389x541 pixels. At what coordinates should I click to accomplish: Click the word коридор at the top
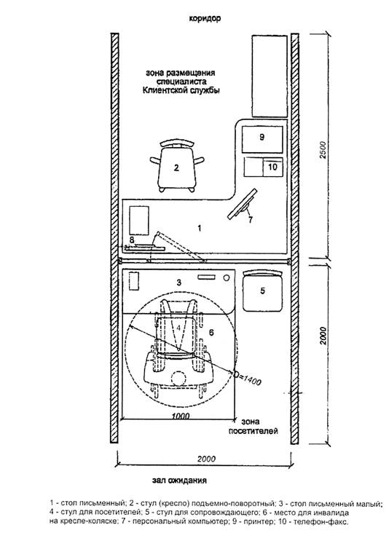[205, 18]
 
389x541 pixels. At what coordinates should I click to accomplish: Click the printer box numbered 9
[262, 139]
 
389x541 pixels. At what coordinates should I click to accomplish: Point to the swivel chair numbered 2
[177, 165]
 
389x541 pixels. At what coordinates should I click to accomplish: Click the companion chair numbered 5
[263, 291]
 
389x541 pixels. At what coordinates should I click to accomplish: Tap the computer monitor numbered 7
[243, 204]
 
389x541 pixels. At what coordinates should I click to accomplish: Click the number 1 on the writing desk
[199, 228]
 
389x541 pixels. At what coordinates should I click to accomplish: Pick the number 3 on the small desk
[178, 283]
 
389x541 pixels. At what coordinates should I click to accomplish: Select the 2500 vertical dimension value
[323, 149]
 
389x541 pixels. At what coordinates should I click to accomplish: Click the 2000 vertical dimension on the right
[323, 336]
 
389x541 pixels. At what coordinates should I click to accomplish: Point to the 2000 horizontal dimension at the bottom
[206, 459]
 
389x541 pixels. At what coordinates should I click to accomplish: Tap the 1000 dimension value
[180, 416]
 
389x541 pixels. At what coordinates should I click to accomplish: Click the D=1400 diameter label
[248, 378]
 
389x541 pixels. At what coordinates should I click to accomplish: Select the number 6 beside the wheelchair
[211, 332]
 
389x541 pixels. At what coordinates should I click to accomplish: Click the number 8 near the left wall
[132, 240]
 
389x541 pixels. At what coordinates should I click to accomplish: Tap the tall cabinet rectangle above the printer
[270, 76]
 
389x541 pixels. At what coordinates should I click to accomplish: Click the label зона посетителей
[253, 426]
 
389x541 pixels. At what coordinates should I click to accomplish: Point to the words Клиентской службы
[181, 90]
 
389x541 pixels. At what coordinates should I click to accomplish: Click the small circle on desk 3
[226, 277]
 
